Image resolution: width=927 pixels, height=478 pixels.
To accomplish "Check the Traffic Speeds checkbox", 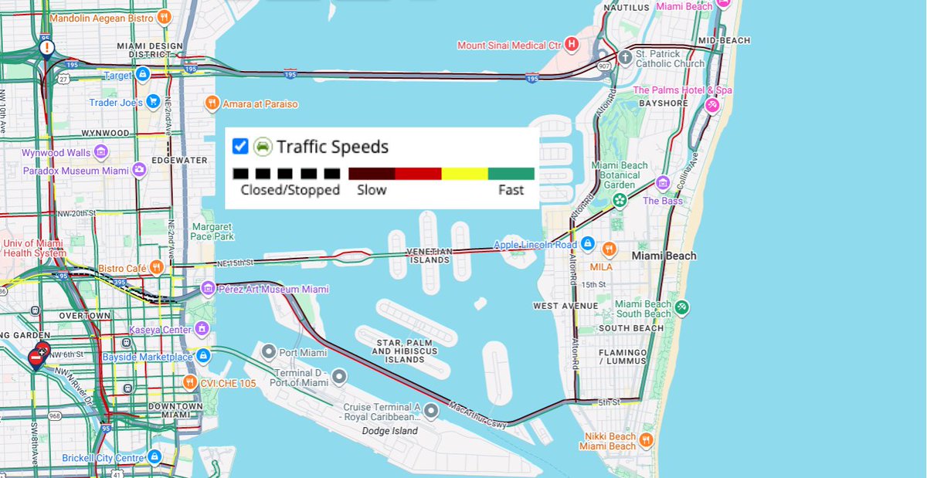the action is (x=240, y=146).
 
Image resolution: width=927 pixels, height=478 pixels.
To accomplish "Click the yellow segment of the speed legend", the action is (x=464, y=174).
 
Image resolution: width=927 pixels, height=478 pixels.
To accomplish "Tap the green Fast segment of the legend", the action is (x=511, y=174).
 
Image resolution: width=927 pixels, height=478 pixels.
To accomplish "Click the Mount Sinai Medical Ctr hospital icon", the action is (x=572, y=45).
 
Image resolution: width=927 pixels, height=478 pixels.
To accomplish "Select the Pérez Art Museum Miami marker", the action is (x=208, y=289).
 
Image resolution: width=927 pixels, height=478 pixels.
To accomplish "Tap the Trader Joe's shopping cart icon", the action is (x=153, y=101).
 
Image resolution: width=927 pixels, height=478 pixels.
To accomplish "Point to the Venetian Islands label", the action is (x=430, y=256).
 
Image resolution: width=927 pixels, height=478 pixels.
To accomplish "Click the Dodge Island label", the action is (x=390, y=431).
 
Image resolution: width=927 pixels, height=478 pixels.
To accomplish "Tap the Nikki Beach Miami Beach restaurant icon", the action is (x=647, y=441).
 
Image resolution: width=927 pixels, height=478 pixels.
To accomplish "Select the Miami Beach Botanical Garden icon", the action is (x=619, y=200).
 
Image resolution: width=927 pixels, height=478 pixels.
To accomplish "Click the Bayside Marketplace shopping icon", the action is (x=203, y=356).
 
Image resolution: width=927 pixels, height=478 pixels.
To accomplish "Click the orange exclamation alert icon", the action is (x=48, y=49).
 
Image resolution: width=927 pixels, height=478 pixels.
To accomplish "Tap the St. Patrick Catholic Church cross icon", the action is (x=626, y=58).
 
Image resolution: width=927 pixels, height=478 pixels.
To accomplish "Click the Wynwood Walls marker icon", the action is (x=100, y=152).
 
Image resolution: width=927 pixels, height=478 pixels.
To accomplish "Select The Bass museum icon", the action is (x=662, y=183).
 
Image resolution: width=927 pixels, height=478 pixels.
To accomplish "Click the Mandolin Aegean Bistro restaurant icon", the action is (x=163, y=17).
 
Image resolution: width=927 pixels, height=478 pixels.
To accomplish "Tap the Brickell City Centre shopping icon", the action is (x=154, y=457).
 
